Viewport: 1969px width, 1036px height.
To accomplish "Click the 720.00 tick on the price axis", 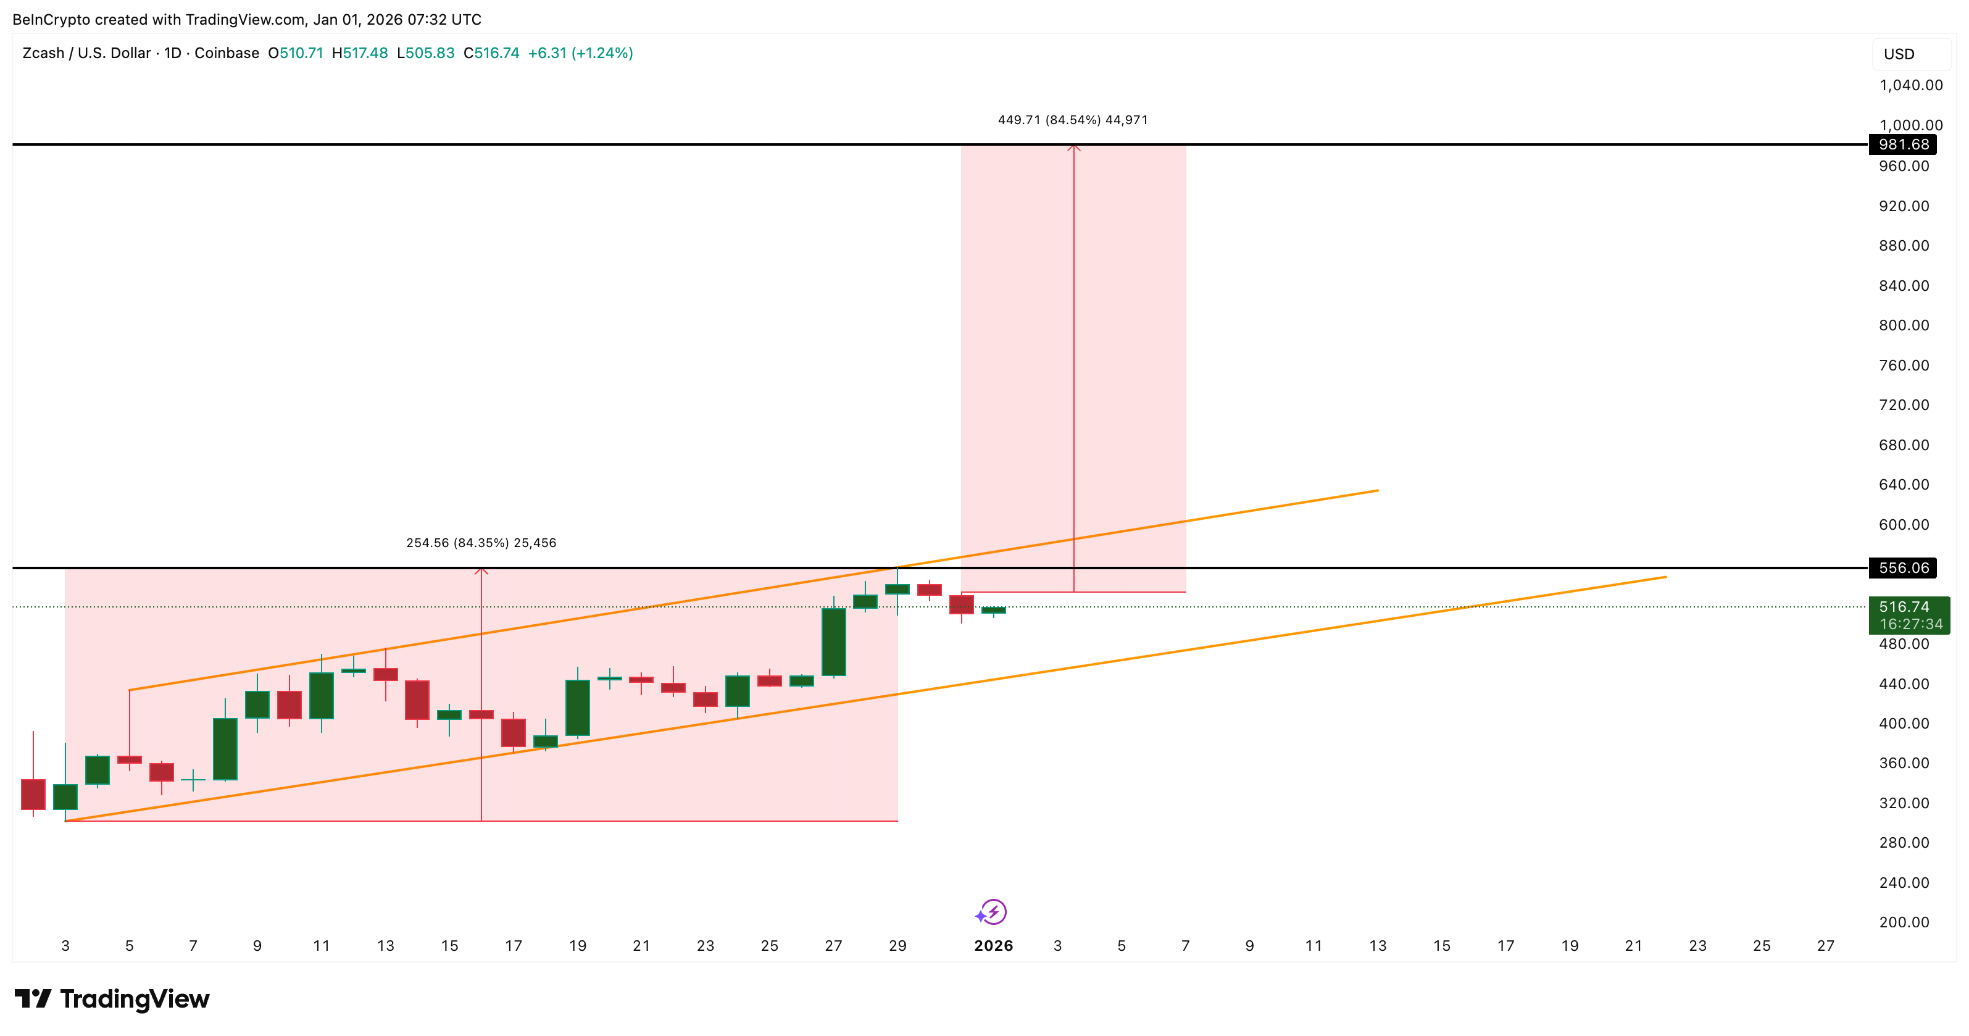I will coord(1904,405).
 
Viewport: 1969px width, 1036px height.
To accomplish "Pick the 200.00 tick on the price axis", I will coord(1904,922).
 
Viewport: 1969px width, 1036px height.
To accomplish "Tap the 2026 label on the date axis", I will coord(993,946).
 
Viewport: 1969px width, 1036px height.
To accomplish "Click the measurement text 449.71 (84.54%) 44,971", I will coord(1072,120).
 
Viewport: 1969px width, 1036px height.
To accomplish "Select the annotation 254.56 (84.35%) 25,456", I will coord(481,543).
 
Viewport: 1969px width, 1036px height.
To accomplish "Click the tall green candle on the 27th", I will coord(833,642).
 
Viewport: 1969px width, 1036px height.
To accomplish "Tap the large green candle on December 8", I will coord(225,750).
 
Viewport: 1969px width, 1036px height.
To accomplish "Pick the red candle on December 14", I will coord(417,700).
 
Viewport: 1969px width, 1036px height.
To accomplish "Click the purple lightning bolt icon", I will coord(993,911).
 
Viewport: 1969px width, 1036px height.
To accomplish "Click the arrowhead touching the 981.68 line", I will coord(1073,147).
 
